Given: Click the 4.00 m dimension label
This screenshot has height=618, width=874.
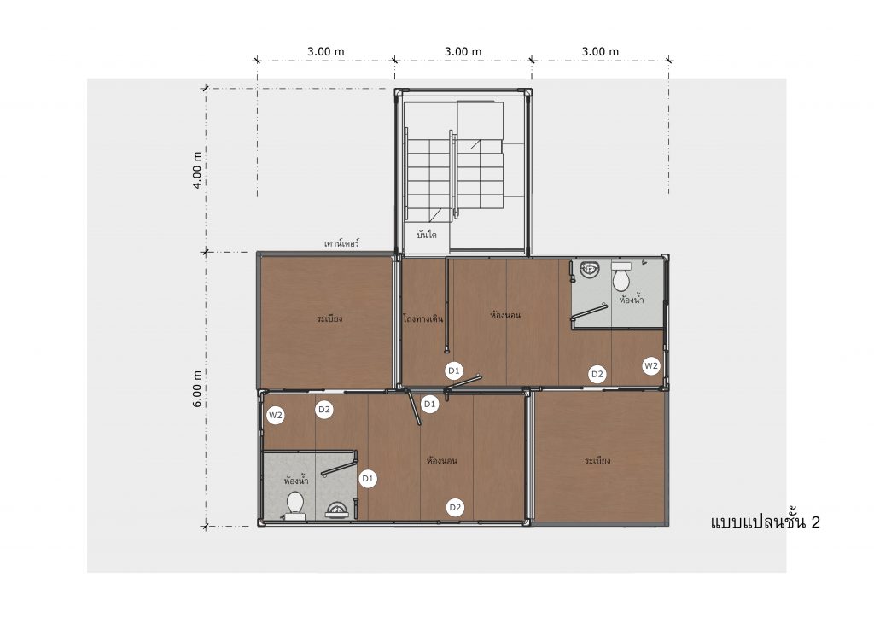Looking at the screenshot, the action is point(197,170).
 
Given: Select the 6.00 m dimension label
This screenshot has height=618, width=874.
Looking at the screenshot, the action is point(197,388).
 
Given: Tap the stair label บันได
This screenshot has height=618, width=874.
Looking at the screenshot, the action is point(427,235).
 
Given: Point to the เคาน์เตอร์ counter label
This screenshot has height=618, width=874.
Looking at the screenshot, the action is point(341,243).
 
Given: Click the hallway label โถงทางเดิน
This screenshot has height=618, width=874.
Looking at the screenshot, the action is point(423,318).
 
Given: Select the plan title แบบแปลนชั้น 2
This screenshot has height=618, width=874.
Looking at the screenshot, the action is point(766,522).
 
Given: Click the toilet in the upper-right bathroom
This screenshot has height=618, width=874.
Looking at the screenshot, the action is point(621,277).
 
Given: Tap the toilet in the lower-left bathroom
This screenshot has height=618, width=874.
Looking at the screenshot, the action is point(294,505).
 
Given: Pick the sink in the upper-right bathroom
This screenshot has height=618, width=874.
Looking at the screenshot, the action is point(589,271).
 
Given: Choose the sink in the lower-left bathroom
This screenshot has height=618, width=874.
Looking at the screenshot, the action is point(337,510).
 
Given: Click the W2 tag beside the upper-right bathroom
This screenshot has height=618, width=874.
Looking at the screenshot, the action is point(651,365).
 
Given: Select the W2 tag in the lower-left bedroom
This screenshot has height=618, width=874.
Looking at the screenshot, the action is point(276,415).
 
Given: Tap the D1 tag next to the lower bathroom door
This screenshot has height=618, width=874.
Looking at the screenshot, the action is point(368,478).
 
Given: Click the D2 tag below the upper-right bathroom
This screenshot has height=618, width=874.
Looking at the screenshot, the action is point(597,374).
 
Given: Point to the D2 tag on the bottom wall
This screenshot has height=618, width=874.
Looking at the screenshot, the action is point(456,507).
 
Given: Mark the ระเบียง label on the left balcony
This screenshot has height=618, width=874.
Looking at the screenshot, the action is point(329,318).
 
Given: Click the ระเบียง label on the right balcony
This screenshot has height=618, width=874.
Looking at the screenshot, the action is point(597,460).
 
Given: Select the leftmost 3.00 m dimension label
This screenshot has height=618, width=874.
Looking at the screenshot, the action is point(326,51).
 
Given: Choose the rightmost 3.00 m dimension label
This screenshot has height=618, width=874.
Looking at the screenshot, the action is point(600,51).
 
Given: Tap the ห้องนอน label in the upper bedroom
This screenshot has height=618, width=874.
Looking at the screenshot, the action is point(505,316).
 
